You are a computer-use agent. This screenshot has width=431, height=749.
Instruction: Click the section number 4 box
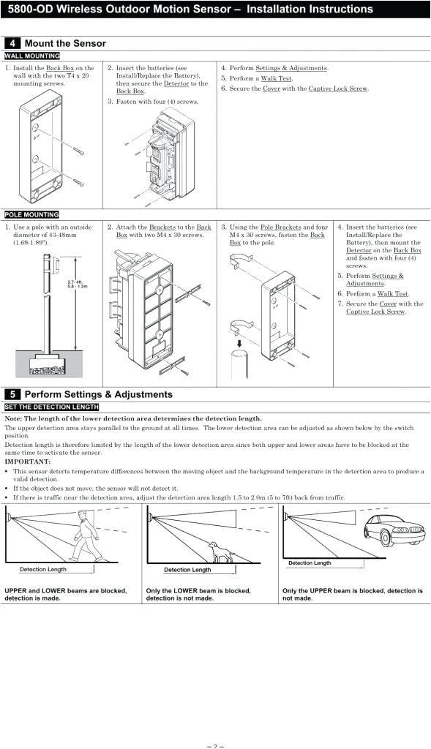pos(13,43)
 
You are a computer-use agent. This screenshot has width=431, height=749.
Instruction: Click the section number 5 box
pos(13,394)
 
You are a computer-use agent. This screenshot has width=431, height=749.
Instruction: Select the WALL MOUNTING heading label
pos(32,56)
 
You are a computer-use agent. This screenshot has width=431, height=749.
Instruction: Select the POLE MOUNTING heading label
pos(32,214)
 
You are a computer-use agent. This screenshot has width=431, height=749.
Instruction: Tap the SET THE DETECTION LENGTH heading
pos(51,407)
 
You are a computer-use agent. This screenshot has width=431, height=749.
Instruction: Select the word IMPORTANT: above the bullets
pos(28,462)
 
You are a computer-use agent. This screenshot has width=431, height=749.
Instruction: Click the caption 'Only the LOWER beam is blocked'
pos(198,590)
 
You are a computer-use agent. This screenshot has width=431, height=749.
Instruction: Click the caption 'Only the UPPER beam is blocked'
pos(352,590)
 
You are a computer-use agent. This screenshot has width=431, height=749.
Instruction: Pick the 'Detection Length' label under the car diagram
pos(310,562)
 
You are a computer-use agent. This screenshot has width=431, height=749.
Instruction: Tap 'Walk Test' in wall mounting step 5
pos(277,78)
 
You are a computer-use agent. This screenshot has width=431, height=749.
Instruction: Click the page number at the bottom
pos(215,746)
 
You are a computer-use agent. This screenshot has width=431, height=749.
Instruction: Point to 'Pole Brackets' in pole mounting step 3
pos(280,227)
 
